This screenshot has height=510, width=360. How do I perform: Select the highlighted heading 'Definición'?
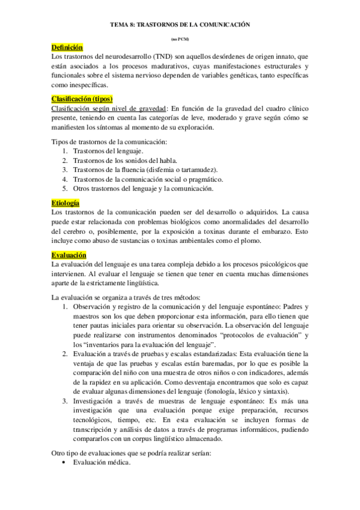click(67, 47)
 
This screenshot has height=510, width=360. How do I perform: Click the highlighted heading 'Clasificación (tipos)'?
click(82, 99)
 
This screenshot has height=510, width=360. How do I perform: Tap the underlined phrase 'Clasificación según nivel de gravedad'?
click(108, 108)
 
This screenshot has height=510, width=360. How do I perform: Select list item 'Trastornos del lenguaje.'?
click(106, 153)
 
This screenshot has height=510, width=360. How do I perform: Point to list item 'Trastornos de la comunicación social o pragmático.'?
click(147, 180)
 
